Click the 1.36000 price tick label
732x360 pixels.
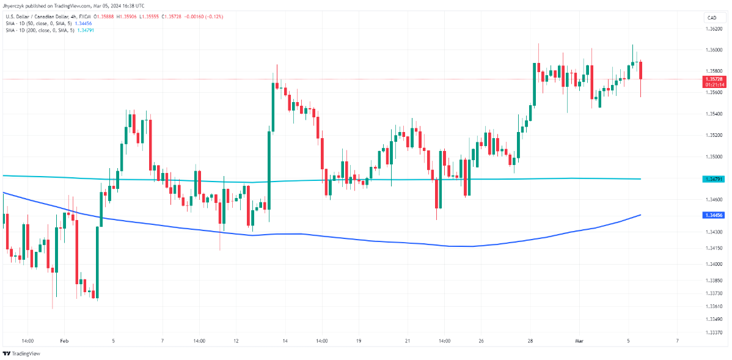712,50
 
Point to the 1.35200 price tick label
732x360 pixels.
712,135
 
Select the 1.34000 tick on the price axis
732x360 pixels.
712,264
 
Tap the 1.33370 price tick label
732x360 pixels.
712,332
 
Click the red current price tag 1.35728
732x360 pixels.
714,79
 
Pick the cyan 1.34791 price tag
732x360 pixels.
714,179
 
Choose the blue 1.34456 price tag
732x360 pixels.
714,215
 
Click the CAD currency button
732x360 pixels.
712,18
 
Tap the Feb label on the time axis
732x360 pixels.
64,340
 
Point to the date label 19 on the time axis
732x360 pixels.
359,340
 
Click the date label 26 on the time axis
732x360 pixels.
481,340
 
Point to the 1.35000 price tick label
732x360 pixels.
712,156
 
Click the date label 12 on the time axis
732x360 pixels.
236,340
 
